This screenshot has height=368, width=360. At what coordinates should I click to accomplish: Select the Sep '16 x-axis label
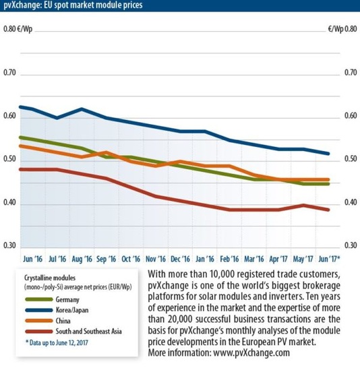[x=107, y=258]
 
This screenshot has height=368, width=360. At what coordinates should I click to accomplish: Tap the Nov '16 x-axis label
[x=156, y=258]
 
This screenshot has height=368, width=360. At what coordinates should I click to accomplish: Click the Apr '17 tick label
[x=279, y=258]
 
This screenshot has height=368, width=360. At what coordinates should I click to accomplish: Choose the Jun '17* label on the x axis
[x=328, y=258]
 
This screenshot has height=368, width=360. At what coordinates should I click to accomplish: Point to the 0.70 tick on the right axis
[x=349, y=73]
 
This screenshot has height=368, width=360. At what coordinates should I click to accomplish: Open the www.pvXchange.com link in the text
[x=251, y=352]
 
